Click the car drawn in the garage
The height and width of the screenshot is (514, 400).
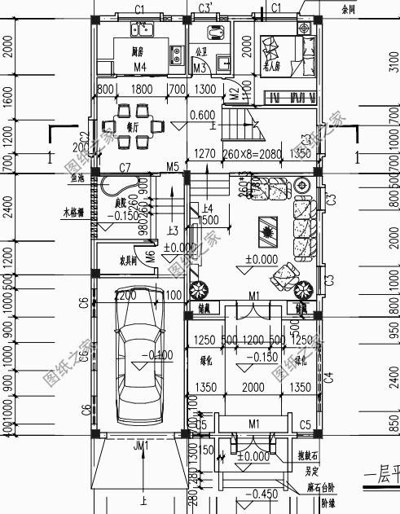141,371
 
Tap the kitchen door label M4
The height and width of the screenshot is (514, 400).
140,66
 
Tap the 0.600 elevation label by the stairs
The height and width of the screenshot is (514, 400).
201,115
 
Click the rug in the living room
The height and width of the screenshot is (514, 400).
266,229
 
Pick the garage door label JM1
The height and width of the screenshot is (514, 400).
141,446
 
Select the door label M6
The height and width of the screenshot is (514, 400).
150,260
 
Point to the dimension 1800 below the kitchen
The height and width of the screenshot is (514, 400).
140,89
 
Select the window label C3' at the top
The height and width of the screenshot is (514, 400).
206,7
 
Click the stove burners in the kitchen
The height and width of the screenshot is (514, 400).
175,55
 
